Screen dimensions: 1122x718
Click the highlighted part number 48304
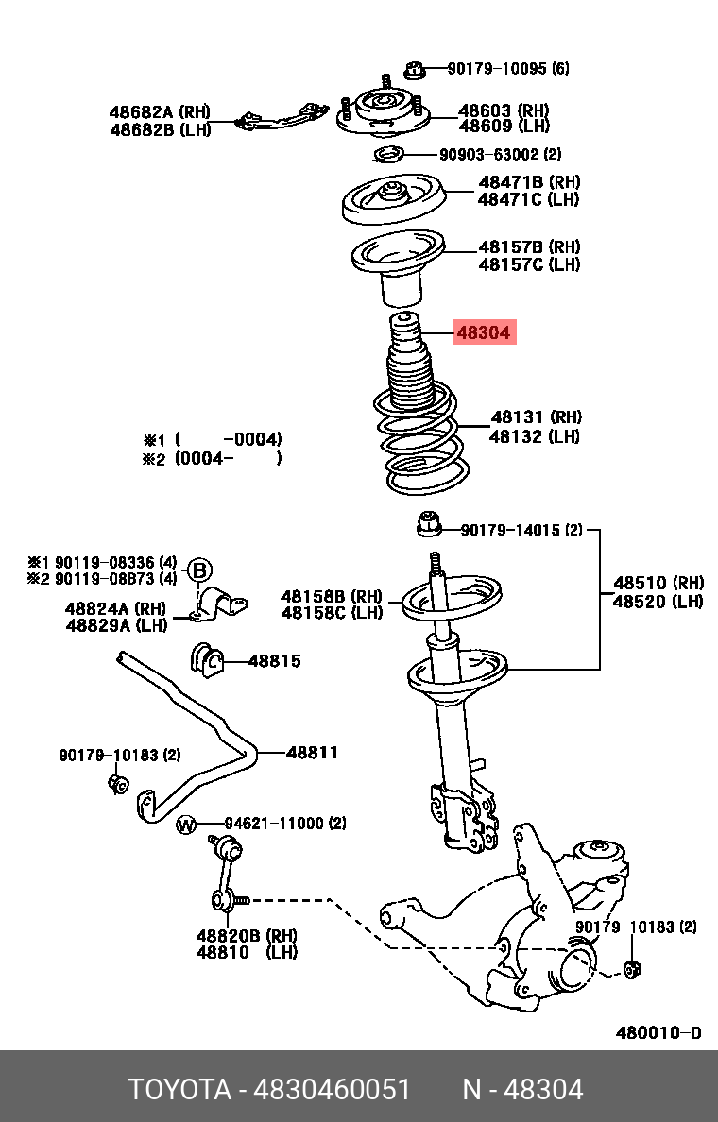[x=484, y=332]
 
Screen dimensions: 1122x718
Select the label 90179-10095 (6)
[x=508, y=69]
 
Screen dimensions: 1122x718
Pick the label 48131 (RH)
[x=536, y=416]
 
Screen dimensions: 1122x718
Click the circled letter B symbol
[x=199, y=570]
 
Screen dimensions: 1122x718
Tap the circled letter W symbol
[x=186, y=824]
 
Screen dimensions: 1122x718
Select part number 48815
[x=274, y=660]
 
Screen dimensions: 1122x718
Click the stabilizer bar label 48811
[x=312, y=753]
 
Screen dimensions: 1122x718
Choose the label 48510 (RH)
[x=658, y=583]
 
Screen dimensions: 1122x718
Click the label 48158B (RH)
[x=332, y=596]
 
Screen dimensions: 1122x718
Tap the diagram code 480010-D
[x=658, y=1032]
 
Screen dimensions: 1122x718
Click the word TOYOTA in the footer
[x=179, y=1090]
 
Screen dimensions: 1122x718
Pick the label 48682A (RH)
[x=160, y=112]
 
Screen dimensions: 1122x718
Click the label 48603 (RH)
[x=504, y=110]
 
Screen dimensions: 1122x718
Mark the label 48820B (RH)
[x=247, y=935]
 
